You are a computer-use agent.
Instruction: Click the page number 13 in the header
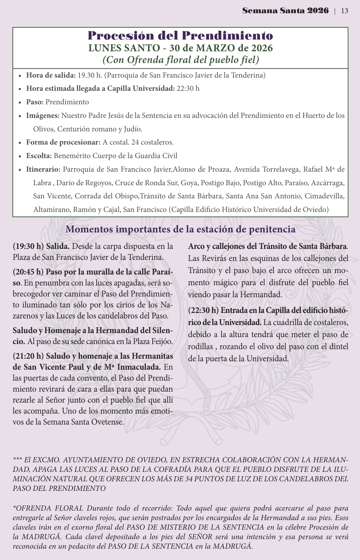(x=344, y=11)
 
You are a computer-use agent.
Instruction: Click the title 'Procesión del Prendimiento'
(x=180, y=36)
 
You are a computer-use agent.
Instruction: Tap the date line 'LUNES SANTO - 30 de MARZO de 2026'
(x=180, y=48)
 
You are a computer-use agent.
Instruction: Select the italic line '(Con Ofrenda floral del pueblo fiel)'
(x=180, y=60)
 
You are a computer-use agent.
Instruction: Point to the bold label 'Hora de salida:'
(x=51, y=75)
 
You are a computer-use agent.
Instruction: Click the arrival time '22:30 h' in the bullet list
(x=188, y=89)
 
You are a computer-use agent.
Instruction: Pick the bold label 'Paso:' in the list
(x=35, y=102)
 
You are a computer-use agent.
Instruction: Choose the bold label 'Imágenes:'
(x=43, y=116)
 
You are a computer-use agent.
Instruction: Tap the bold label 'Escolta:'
(x=39, y=156)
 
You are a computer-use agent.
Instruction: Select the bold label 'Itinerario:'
(x=43, y=169)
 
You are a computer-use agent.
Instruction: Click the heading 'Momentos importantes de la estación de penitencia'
(x=180, y=229)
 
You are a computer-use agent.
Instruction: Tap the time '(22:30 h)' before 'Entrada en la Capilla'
(x=204, y=310)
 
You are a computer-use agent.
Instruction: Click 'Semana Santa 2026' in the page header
(x=285, y=11)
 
